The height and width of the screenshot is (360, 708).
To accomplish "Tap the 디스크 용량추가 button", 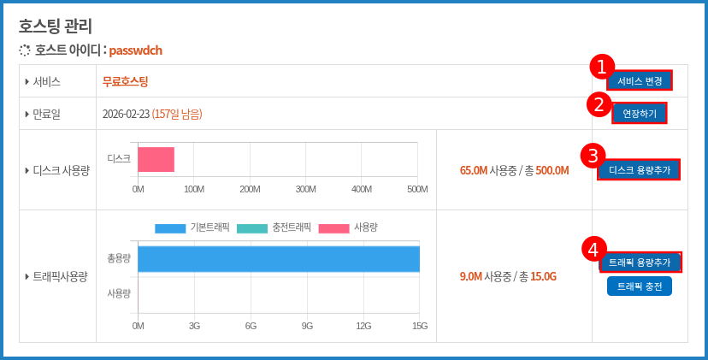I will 640,170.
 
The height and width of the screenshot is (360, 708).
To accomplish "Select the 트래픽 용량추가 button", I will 640,262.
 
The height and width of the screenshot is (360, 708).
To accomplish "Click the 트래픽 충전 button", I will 640,286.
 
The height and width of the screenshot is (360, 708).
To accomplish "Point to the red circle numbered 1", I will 602,67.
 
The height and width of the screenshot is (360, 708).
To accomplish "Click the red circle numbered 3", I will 593,156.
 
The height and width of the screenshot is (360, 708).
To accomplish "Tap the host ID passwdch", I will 135,50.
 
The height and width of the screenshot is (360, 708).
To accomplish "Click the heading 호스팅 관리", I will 56,26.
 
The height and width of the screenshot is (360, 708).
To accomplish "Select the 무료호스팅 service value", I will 125,81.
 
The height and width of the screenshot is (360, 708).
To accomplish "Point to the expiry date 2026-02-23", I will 126,114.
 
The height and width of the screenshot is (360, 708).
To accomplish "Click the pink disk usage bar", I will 156,159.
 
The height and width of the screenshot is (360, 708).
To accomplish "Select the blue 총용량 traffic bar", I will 279,259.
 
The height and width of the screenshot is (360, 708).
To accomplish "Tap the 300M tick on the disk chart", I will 305,189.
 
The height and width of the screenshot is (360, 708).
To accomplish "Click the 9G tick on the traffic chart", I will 307,326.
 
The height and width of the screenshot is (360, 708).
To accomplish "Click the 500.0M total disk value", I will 552,170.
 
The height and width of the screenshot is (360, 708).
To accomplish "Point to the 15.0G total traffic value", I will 543,276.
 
